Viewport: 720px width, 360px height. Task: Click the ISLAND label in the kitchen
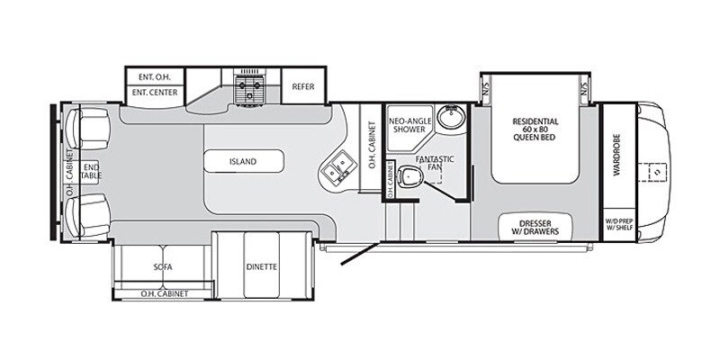coord(243,162)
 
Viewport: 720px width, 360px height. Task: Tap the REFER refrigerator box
coord(302,86)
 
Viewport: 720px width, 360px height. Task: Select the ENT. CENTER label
coord(155,92)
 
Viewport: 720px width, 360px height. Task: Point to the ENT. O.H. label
coord(155,76)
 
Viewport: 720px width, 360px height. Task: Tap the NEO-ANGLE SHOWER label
coord(406,123)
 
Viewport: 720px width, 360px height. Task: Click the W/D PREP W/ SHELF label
coord(618,226)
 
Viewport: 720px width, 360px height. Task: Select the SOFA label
coord(163,267)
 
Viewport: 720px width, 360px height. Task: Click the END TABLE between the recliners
coord(90,169)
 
